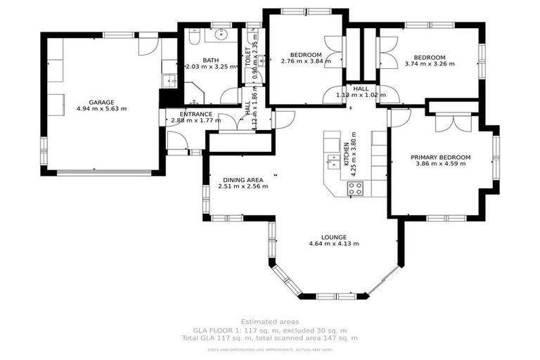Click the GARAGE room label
tap(101, 102)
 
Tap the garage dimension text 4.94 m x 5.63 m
tap(101, 110)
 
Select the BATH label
tap(210, 60)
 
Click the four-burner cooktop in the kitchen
tap(356, 188)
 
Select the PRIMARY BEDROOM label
tap(441, 157)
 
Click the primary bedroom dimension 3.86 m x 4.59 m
tap(441, 164)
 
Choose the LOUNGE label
tap(333, 237)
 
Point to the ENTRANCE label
tap(195, 114)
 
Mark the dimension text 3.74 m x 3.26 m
tap(430, 64)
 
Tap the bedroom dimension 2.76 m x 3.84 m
tap(305, 61)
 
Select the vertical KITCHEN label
tap(346, 154)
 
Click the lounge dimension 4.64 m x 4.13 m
tap(333, 244)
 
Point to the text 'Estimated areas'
tap(270, 321)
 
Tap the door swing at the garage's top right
tap(147, 46)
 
